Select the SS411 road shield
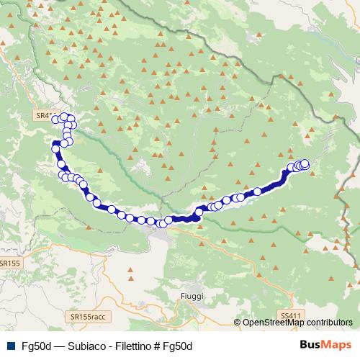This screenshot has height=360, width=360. point(290,316)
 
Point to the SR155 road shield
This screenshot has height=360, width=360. point(9,264)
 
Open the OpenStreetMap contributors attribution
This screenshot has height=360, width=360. point(297,323)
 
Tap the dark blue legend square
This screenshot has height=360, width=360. point(9,346)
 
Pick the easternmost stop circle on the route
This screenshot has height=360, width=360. point(305,163)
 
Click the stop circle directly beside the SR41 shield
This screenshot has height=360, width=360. point(56,117)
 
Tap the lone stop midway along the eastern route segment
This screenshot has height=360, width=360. point(257,192)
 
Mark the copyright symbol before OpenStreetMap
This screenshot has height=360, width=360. point(238,323)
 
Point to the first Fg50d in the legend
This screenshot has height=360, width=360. point(34,346)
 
